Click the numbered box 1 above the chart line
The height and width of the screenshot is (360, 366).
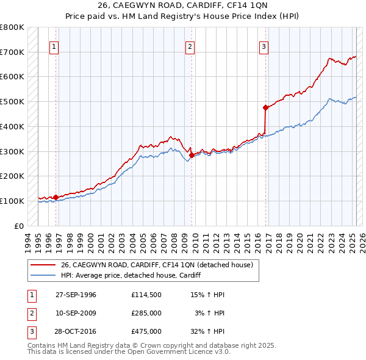click(x=54, y=46)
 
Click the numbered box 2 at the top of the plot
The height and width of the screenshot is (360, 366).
click(x=190, y=46)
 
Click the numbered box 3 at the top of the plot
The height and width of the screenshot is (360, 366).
click(x=264, y=46)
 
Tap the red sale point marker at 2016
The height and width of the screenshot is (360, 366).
click(x=266, y=108)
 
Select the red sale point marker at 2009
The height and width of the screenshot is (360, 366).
click(x=192, y=155)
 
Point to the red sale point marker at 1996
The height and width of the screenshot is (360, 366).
click(x=56, y=197)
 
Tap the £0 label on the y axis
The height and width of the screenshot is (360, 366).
click(x=18, y=226)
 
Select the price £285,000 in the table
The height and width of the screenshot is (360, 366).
click(x=146, y=313)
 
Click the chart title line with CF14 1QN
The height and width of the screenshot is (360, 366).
click(x=182, y=5)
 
